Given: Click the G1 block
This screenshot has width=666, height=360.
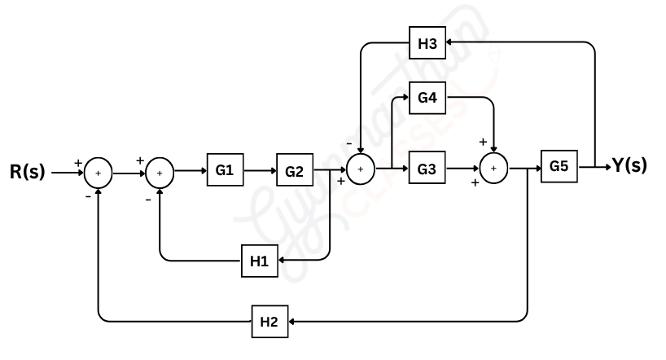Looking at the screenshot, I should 225,171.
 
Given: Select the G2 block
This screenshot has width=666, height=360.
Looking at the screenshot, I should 294,171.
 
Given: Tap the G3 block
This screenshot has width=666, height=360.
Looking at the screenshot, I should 427,169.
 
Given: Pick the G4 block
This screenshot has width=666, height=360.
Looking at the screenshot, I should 427,98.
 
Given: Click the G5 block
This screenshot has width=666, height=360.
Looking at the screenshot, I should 559,166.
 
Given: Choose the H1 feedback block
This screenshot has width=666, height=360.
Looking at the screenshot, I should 259,261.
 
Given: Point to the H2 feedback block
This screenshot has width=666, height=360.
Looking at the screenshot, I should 269,322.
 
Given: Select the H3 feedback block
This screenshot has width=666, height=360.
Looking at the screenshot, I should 427,44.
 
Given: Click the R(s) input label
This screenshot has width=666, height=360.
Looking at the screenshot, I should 28,173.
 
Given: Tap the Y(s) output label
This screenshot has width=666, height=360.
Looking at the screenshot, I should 630,165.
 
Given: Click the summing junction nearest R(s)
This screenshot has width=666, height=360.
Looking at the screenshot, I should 99,173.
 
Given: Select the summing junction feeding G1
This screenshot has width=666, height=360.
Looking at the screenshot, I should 160,173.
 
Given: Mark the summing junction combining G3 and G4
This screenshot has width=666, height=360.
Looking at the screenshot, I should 492,169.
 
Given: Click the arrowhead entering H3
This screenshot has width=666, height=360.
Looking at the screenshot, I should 449,44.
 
